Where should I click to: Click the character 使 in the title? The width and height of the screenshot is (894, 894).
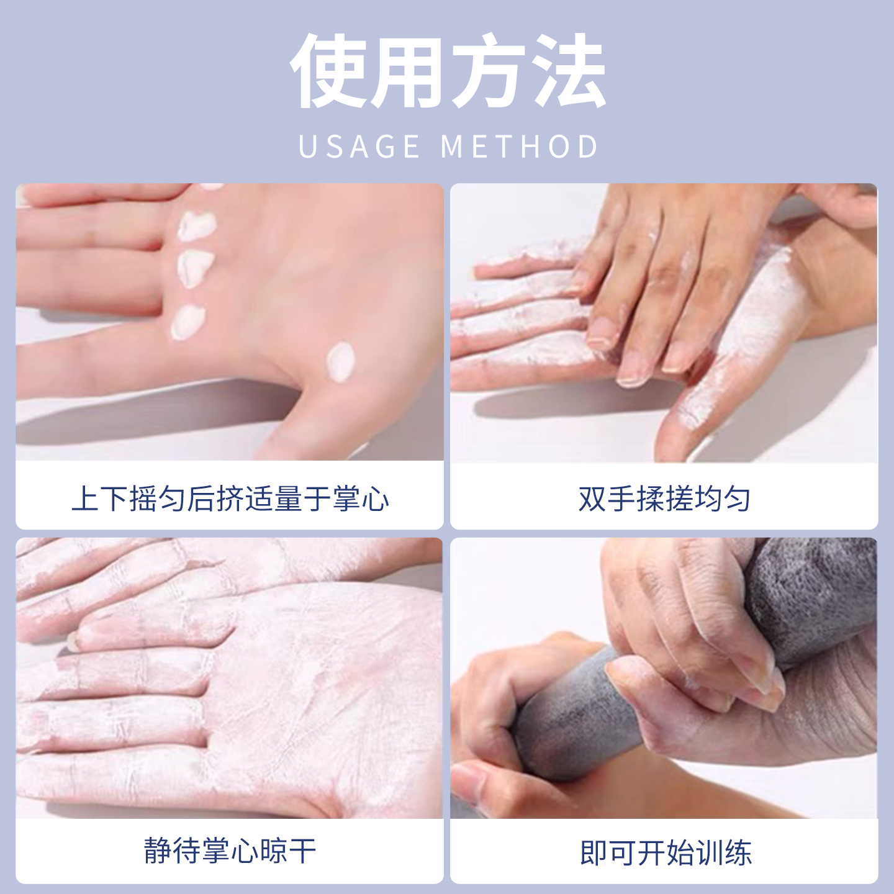(329, 71)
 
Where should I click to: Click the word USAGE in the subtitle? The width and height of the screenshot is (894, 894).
(359, 147)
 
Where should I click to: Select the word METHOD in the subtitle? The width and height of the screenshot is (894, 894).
(519, 147)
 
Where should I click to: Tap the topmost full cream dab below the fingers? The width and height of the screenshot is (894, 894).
(196, 225)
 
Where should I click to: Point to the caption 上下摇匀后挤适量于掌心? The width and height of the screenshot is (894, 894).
(230, 499)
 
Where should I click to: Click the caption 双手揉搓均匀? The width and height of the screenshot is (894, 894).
(664, 499)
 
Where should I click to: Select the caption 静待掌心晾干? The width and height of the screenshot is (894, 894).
(230, 851)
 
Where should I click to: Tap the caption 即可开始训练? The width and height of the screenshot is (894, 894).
(665, 852)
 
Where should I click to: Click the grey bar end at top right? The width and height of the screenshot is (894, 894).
(813, 596)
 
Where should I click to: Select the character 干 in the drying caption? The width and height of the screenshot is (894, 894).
(302, 851)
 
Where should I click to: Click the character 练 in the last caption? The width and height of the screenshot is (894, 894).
(738, 852)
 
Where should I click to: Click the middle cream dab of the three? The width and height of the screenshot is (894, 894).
(195, 267)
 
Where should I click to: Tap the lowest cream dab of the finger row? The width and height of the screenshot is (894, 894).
(187, 322)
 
